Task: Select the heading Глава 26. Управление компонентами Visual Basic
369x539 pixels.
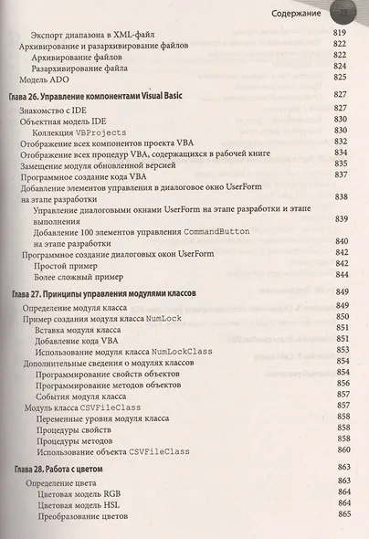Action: click(109, 94)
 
